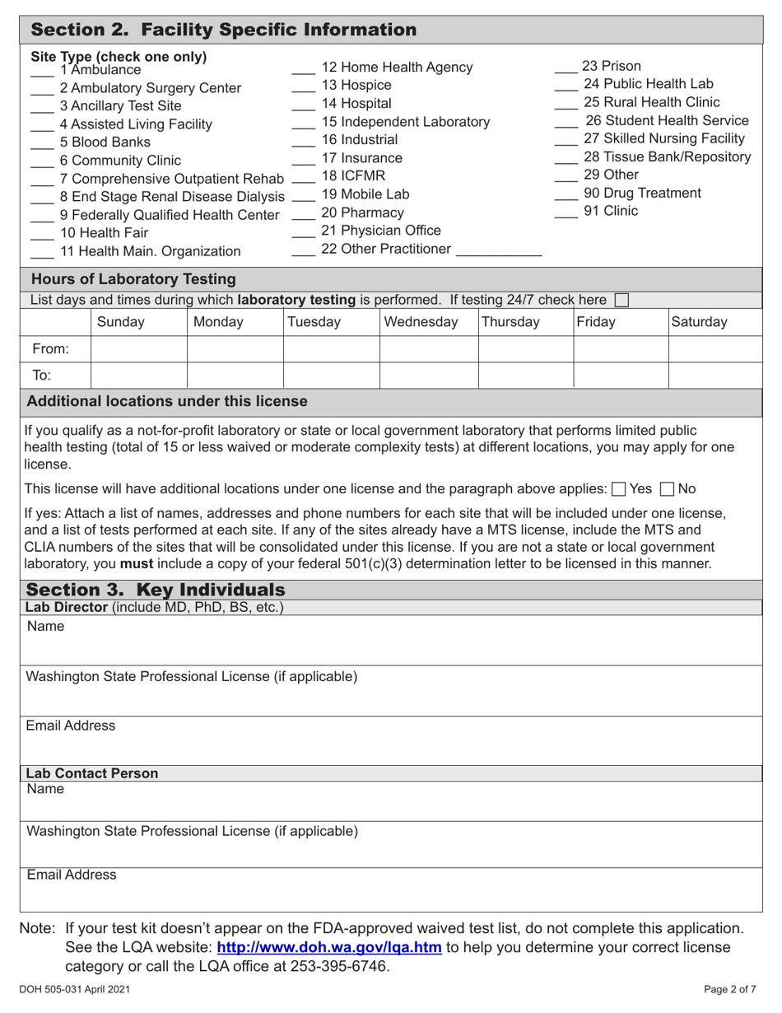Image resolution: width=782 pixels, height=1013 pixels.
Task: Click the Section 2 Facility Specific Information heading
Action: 223,30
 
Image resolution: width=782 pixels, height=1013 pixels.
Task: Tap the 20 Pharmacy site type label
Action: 351,213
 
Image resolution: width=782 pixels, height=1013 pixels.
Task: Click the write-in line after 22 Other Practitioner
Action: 499,253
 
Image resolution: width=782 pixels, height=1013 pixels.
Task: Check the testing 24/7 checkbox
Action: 622,301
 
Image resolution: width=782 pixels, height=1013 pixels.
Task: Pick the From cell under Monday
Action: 235,349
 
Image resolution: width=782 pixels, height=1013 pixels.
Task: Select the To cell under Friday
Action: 620,376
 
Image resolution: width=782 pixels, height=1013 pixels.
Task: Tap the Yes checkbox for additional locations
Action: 618,488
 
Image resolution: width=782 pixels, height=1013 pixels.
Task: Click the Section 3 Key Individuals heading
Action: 156,590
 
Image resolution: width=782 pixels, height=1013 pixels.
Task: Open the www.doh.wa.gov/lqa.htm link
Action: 329,947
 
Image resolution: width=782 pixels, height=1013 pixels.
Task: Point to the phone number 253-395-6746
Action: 337,966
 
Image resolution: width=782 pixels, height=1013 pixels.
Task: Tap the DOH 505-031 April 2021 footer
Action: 73,989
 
